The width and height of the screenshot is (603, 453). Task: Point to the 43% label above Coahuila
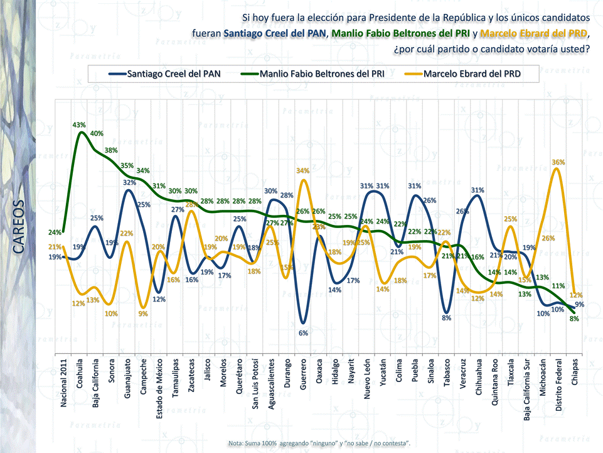pos(79,125)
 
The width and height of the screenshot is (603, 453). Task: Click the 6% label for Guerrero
pos(303,333)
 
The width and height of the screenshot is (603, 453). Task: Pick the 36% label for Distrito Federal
pos(558,162)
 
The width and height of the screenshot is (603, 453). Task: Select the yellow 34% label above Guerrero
pos(303,171)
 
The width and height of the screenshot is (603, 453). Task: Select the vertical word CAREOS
pos(18,227)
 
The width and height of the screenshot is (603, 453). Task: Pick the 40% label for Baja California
pos(97,134)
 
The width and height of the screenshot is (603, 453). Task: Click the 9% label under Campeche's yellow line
pos(144,314)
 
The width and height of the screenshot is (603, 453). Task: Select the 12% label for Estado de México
pos(159,299)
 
